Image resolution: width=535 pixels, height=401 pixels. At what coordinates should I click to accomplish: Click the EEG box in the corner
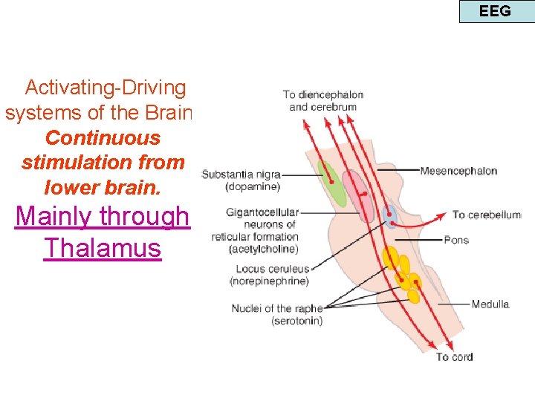(x=496, y=11)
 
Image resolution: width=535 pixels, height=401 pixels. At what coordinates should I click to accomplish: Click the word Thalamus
(x=103, y=247)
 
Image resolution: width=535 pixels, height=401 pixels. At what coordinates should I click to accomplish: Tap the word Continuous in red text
(x=103, y=138)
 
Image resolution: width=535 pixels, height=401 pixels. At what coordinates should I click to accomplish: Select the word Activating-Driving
(x=106, y=88)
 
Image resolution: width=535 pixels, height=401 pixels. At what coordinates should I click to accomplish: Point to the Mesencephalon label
(x=458, y=171)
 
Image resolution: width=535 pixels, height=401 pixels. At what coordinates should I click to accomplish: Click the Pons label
(x=455, y=240)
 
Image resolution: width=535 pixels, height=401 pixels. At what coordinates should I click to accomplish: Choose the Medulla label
(x=490, y=304)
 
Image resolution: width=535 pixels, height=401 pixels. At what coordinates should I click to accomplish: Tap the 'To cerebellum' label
(x=487, y=215)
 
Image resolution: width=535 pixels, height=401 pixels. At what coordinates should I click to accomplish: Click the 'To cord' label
(x=454, y=356)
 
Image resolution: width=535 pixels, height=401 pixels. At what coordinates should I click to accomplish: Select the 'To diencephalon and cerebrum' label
(x=322, y=100)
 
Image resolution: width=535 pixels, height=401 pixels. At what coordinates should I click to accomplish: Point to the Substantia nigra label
(x=241, y=175)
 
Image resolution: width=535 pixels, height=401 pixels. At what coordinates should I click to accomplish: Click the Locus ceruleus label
(x=272, y=269)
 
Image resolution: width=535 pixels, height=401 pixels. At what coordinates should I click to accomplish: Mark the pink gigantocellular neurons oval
(x=360, y=195)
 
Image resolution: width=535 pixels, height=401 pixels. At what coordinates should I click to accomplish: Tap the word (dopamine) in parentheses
(x=253, y=186)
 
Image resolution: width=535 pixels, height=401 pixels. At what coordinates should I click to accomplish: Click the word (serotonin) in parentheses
(x=296, y=321)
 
